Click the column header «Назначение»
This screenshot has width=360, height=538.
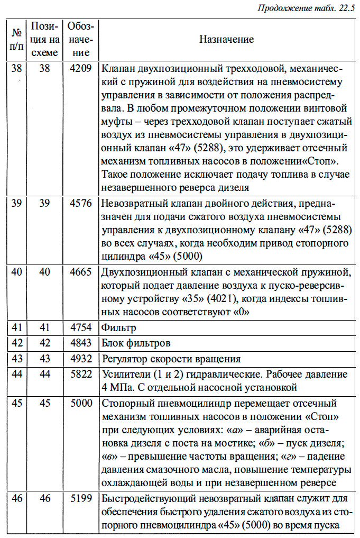tap(226, 40)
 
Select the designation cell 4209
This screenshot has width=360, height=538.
tap(80, 68)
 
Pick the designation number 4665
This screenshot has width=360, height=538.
tap(80, 272)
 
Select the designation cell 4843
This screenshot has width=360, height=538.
tap(80, 343)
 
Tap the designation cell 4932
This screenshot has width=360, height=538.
tap(80, 359)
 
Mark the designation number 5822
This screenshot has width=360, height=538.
tap(80, 375)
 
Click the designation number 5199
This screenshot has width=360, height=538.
tap(80, 498)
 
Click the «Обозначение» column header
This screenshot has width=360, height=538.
tap(80, 40)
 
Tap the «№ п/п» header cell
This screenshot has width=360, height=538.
tap(17, 40)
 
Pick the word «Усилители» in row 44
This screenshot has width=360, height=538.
tap(123, 375)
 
